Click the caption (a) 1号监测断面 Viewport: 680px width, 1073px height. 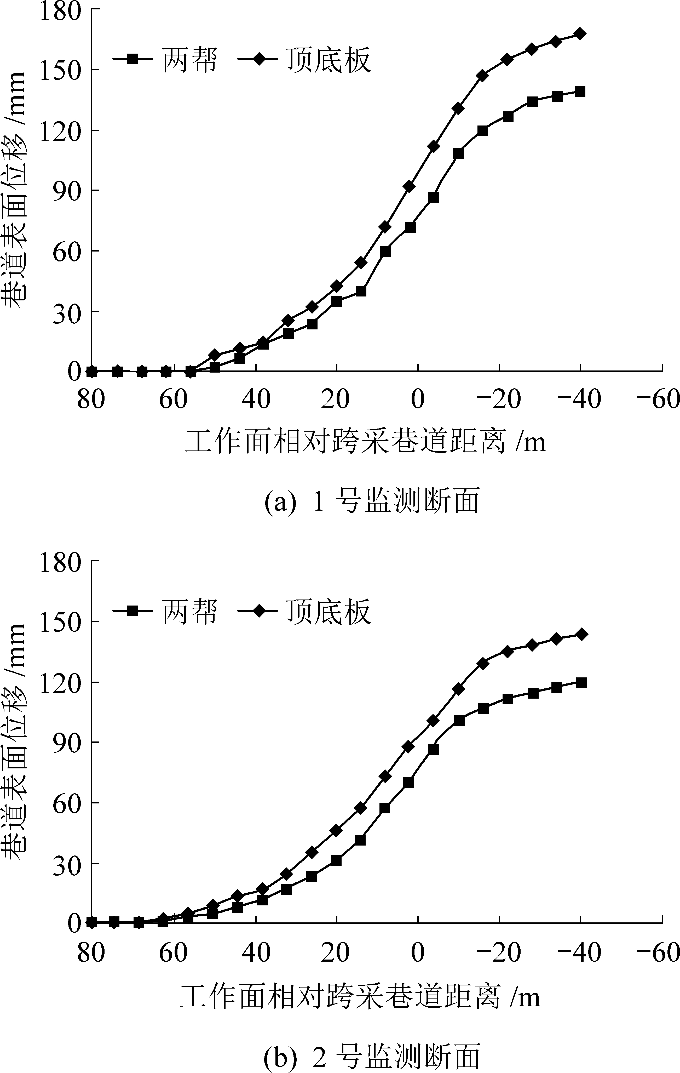372,501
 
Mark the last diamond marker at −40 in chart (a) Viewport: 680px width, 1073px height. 580,34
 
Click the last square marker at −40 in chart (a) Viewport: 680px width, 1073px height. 580,92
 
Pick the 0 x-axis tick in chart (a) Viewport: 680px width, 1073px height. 418,399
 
